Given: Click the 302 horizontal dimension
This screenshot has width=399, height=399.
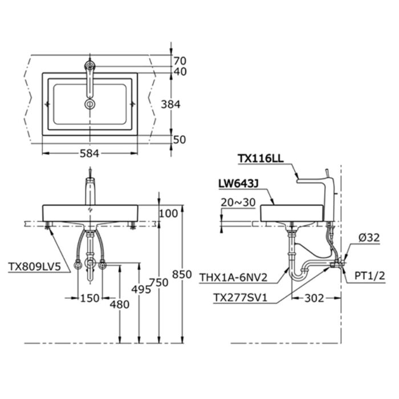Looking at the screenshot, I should pyautogui.click(x=315, y=297).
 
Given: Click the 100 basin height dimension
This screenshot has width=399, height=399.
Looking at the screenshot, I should pyautogui.click(x=169, y=213).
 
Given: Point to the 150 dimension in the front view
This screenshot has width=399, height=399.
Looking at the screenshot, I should pyautogui.click(x=89, y=297).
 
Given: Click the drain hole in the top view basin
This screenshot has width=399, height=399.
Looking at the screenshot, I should pyautogui.click(x=90, y=104).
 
